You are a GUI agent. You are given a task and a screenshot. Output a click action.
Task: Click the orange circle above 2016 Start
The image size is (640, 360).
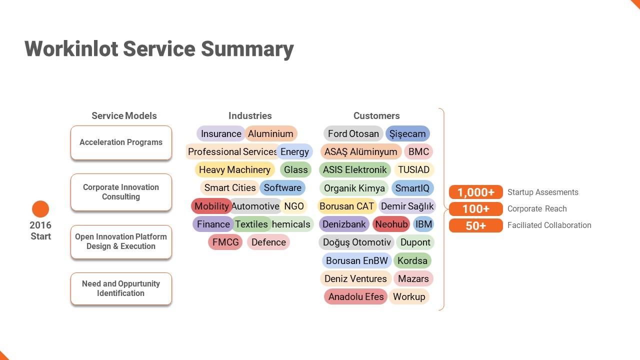pos(40,209)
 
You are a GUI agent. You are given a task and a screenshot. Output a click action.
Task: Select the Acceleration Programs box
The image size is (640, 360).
pos(121,142)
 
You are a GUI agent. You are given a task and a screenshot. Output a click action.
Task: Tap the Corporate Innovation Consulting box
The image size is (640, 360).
pos(121,192)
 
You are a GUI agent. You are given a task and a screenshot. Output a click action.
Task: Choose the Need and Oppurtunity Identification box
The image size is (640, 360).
pos(121,288)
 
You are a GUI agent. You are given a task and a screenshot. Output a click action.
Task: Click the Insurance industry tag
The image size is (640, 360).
pos(221,133)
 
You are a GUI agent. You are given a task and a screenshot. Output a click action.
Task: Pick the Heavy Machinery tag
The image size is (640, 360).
pos(234,169)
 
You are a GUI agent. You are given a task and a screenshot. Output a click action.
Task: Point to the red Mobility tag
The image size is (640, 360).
pos(211,206)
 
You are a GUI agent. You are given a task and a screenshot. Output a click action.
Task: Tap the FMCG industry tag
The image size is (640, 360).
pos(225,242)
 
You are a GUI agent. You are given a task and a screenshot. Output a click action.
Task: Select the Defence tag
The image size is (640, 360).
pos(268,242)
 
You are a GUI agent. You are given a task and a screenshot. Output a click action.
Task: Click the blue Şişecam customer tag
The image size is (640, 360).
pos(407,133)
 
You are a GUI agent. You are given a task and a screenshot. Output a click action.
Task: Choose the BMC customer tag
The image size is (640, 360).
pos(418,151)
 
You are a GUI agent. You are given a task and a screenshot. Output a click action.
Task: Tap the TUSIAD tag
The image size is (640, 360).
pos(413,169)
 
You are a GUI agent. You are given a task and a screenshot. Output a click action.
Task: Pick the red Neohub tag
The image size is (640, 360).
pos(391,224)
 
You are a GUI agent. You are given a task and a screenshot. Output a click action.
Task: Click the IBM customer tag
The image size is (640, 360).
pos(423,224)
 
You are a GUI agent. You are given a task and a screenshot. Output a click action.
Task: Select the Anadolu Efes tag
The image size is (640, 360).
pos(356,296)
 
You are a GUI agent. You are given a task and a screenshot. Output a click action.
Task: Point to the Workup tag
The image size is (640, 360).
pos(409,296)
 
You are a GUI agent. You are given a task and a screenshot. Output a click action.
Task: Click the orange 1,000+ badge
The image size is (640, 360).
pos(475,192)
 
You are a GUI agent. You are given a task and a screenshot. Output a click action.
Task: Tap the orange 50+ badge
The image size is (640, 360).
pos(475,225)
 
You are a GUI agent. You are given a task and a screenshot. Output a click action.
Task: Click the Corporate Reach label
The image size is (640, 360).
pos(537,209)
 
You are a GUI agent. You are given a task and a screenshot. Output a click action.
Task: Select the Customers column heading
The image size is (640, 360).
pos(376,115)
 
